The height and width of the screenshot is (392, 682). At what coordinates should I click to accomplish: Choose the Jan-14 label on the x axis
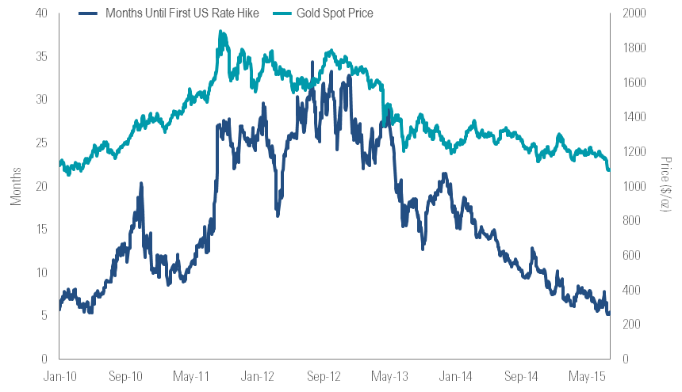pos(455,376)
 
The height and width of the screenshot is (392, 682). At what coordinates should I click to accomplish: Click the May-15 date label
pos(588,376)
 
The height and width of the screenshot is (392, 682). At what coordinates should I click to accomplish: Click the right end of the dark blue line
pos(609,314)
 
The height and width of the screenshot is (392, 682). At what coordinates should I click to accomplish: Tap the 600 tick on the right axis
pos(634,255)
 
